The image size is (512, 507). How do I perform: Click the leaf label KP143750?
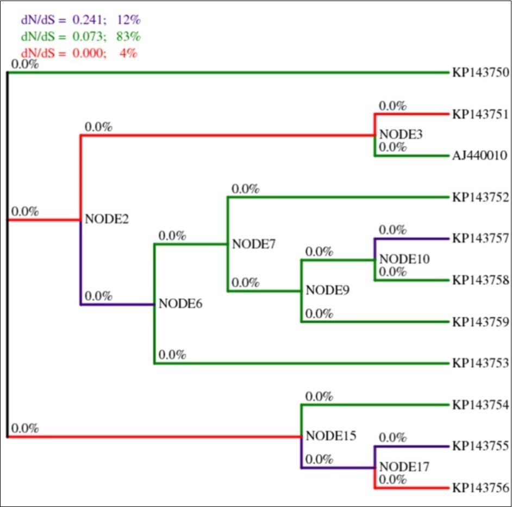[480, 73]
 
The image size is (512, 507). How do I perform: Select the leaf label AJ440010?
[480, 156]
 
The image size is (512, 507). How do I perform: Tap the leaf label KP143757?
[480, 239]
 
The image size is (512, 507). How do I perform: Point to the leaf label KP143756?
[480, 488]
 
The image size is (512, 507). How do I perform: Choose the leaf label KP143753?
[480, 363]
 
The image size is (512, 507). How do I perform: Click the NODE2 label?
[107, 220]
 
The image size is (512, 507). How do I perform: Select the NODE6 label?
[180, 304]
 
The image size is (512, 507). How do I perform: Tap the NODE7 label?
[254, 244]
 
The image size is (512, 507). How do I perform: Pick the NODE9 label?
[327, 290]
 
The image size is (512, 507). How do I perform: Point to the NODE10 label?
[404, 259]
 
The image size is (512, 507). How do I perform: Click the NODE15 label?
[331, 436]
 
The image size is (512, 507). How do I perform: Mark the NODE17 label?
[404, 467]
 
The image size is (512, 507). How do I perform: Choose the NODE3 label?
[401, 134]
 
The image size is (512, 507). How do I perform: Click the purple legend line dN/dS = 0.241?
[80, 20]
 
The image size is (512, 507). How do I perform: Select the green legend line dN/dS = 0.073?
[80, 37]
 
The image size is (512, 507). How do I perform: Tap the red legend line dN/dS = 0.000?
[79, 53]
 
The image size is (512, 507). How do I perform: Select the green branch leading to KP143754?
[375, 405]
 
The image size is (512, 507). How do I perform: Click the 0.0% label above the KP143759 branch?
[319, 314]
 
